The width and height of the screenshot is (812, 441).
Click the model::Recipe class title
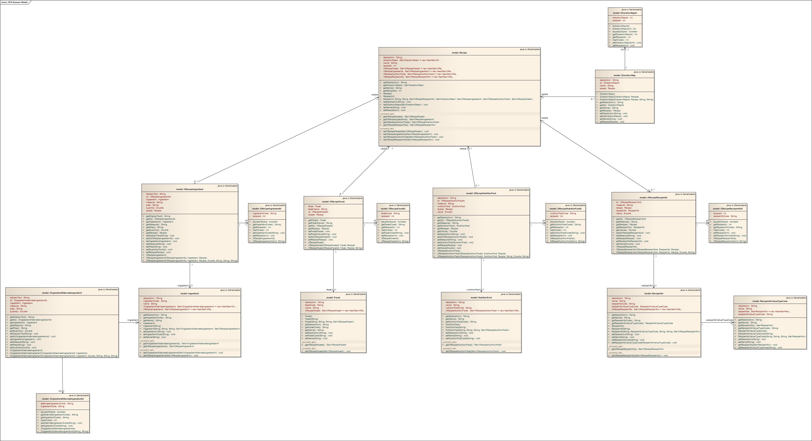pyautogui.click(x=459, y=53)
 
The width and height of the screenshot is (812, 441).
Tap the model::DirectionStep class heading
pyautogui.click(x=624, y=75)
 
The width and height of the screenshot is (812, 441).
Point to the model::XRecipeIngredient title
pyautogui.click(x=190, y=189)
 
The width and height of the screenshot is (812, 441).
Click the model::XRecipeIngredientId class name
pyautogui.click(x=266, y=209)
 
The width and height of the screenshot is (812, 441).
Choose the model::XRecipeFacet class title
pyautogui.click(x=333, y=201)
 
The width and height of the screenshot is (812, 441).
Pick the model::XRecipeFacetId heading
pyautogui.click(x=393, y=209)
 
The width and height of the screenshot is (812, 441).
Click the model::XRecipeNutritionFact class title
pyautogui.click(x=481, y=193)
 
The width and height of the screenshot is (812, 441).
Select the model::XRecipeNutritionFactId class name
pyautogui.click(x=565, y=209)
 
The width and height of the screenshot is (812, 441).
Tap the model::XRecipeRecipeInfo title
pyautogui.click(x=653, y=198)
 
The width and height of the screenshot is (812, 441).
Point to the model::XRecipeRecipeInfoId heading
pyautogui.click(x=728, y=209)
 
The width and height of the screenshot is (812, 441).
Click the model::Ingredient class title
pyautogui.click(x=190, y=294)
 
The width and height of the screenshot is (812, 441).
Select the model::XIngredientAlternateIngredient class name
pyautogui.click(x=62, y=293)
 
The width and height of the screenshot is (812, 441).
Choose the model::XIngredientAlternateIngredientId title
pyautogui.click(x=63, y=399)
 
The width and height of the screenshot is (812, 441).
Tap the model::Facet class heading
pyautogui.click(x=333, y=298)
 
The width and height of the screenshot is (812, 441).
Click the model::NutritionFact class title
pyautogui.click(x=481, y=298)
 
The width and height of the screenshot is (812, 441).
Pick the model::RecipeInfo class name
pyautogui.click(x=653, y=294)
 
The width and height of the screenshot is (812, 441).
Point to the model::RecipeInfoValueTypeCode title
pyautogui.click(x=769, y=301)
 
